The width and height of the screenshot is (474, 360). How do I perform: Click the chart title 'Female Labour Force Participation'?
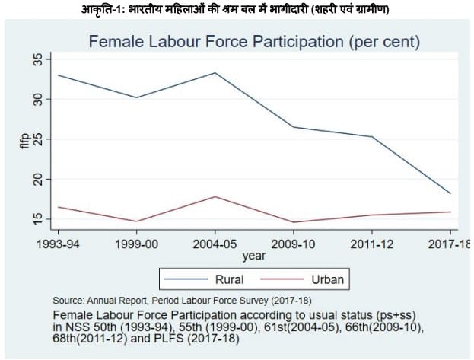pyautogui.click(x=254, y=41)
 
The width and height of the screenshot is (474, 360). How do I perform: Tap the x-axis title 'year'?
pyautogui.click(x=254, y=256)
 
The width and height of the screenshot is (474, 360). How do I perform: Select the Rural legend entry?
pyautogui.click(x=229, y=279)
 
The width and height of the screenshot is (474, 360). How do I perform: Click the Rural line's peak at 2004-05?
pyautogui.click(x=215, y=73)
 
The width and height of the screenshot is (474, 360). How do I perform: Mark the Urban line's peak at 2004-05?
pyautogui.click(x=215, y=196)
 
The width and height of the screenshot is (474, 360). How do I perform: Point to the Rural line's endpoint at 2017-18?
pyautogui.click(x=450, y=193)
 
